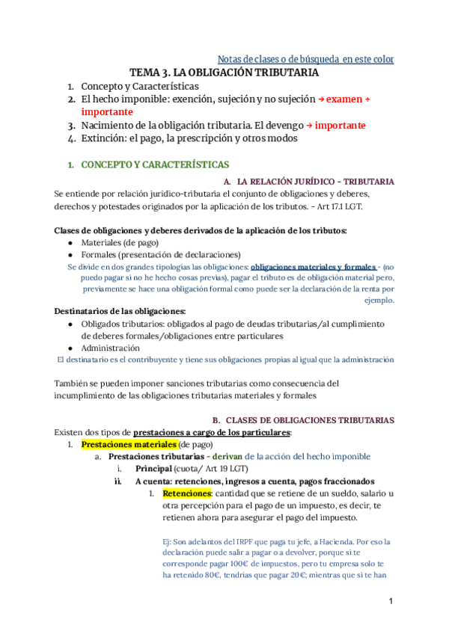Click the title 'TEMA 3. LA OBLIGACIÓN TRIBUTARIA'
coord(224,73)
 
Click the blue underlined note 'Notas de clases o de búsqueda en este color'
coord(305,58)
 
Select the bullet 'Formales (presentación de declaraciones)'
coord(160,254)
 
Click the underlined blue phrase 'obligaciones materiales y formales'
coord(313,266)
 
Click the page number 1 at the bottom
coord(391,602)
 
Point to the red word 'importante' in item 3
coord(340,125)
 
